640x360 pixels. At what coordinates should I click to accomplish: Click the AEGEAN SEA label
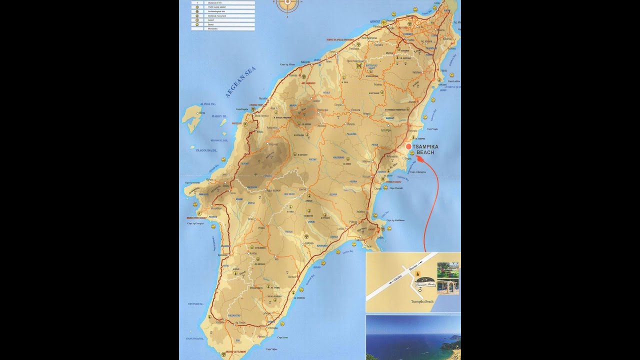(x=240, y=82)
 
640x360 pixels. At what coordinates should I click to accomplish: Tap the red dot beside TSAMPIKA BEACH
(x=408, y=146)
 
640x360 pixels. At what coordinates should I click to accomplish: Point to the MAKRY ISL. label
(x=219, y=116)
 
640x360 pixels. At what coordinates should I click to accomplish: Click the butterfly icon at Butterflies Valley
(x=358, y=65)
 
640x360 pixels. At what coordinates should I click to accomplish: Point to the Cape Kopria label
(x=242, y=109)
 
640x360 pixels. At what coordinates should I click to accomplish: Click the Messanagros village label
(x=256, y=287)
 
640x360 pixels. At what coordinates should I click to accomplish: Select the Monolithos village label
(x=216, y=207)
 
